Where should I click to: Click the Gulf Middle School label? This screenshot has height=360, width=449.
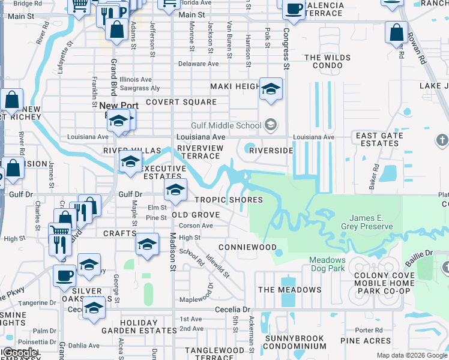(226, 125)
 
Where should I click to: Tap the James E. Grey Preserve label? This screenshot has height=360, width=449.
(367, 222)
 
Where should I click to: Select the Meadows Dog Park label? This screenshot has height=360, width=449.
(327, 264)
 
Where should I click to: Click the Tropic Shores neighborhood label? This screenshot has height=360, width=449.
(228, 200)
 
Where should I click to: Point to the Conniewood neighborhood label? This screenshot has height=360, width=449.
(247, 247)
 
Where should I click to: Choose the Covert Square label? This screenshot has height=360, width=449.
(181, 102)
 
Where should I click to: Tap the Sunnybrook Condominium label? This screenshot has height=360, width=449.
(295, 342)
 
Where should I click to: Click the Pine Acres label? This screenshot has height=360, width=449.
(366, 341)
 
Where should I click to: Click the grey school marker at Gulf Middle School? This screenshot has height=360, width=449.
(271, 125)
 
